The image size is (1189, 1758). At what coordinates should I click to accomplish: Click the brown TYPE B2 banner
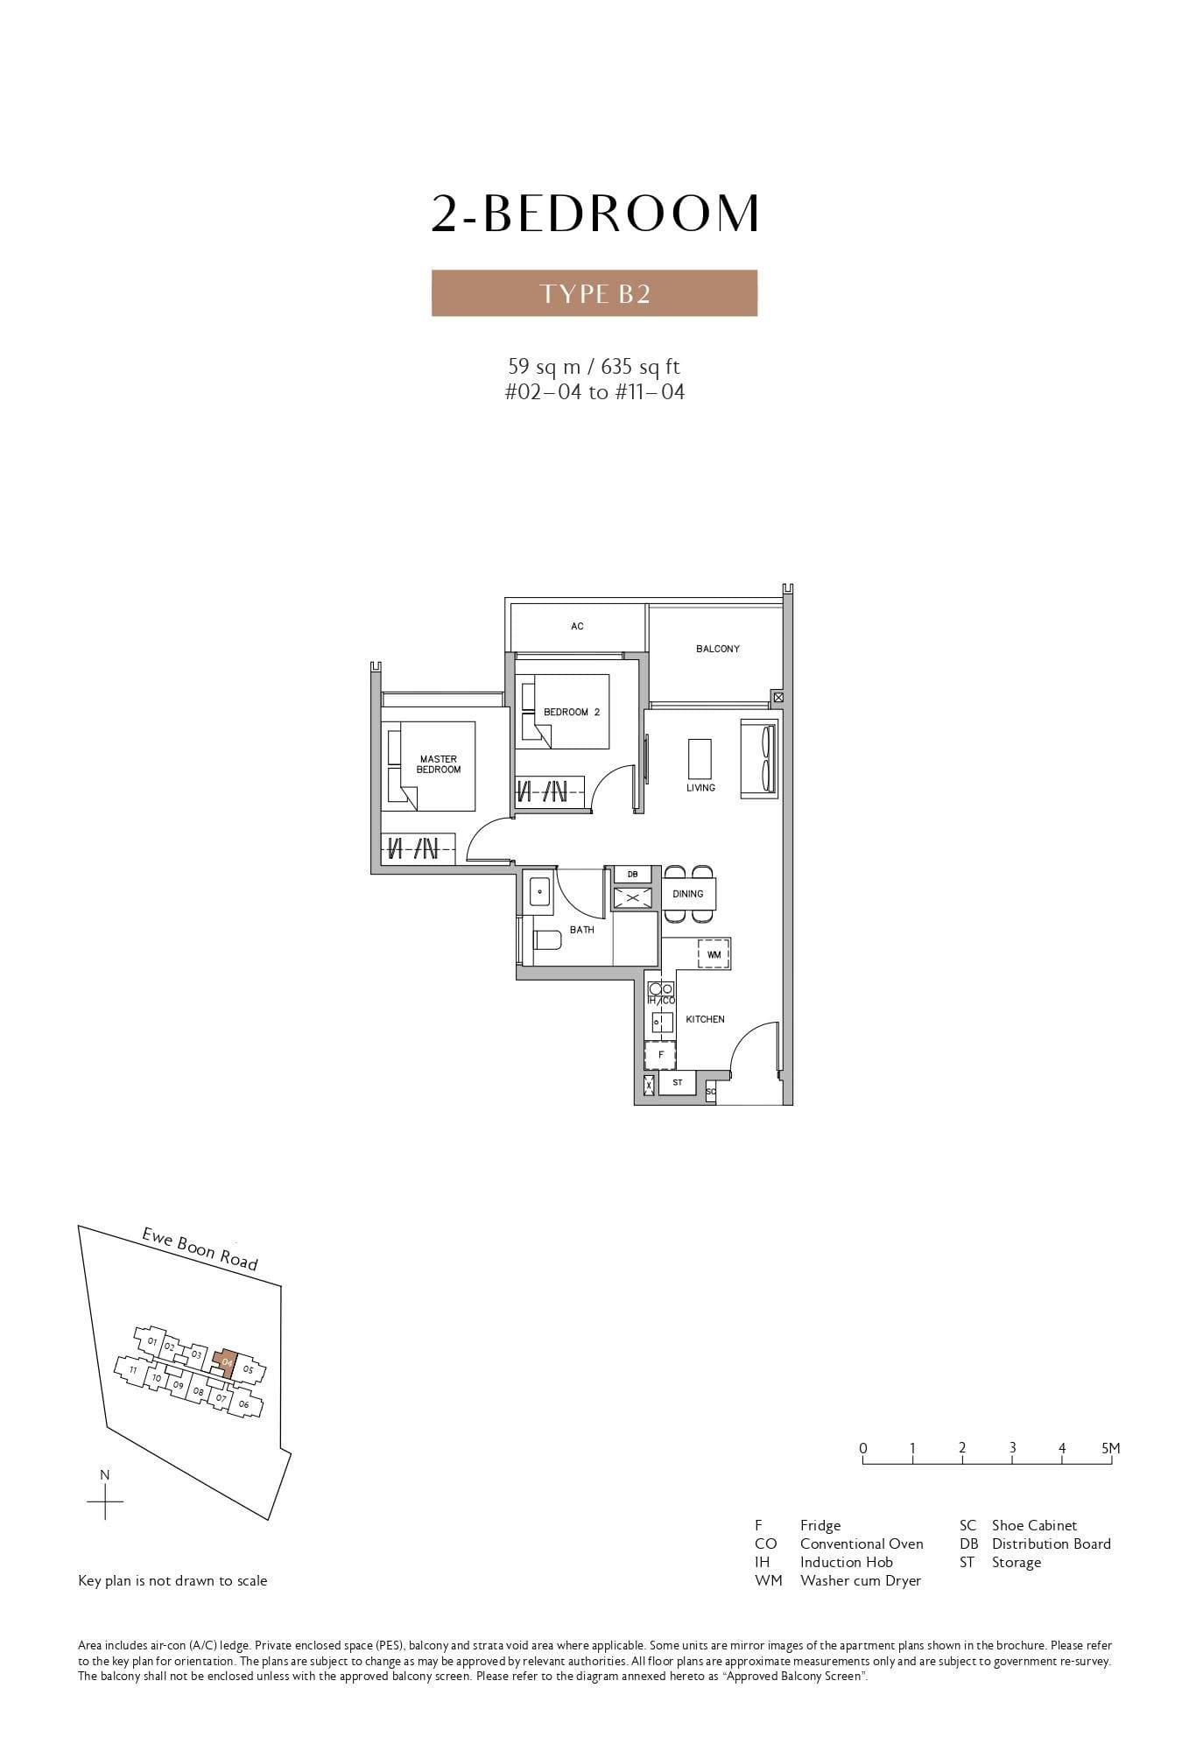pyautogui.click(x=594, y=292)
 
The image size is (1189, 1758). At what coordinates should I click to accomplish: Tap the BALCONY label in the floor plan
pyautogui.click(x=717, y=649)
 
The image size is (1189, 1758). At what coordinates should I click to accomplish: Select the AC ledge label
pyautogui.click(x=577, y=626)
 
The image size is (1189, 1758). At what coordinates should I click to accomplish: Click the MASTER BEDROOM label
pyautogui.click(x=438, y=764)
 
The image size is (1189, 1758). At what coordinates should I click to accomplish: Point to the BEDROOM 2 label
pyautogui.click(x=571, y=712)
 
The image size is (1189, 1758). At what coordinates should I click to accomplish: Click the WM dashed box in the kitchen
pyautogui.click(x=714, y=953)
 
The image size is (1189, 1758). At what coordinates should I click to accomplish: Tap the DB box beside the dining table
pyautogui.click(x=632, y=875)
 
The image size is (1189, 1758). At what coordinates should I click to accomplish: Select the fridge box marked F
pyautogui.click(x=660, y=1055)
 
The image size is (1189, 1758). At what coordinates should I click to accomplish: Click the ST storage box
pyautogui.click(x=678, y=1083)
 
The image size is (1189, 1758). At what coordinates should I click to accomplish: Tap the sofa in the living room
pyautogui.click(x=759, y=758)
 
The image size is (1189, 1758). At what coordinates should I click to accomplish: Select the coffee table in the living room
pyautogui.click(x=699, y=758)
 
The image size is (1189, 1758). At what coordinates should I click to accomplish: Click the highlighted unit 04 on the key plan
pyautogui.click(x=228, y=1362)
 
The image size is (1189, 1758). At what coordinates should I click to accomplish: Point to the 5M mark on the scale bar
pyautogui.click(x=1110, y=1448)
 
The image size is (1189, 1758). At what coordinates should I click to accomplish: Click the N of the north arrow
pyautogui.click(x=105, y=1475)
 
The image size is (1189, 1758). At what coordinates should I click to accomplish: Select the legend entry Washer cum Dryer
pyautogui.click(x=860, y=1580)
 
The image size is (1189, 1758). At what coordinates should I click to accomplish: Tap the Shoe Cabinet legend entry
pyautogui.click(x=1033, y=1525)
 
